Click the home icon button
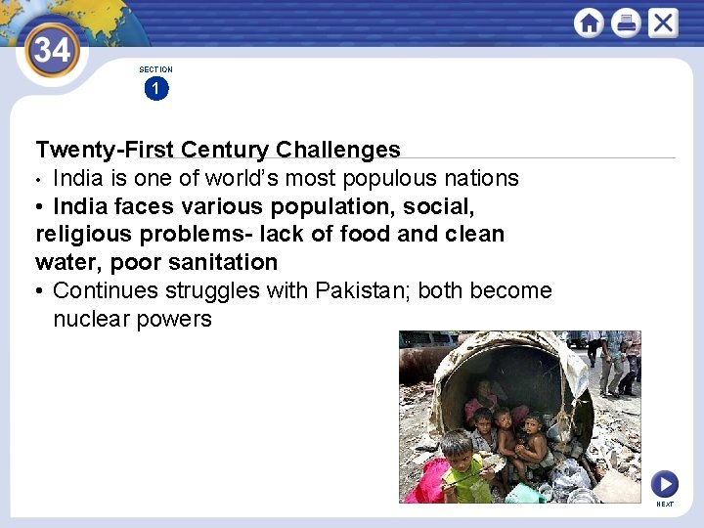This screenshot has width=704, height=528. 589,22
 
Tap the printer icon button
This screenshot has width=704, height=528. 626,22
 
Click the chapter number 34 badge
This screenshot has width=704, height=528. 51,48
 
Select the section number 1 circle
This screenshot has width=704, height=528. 155,89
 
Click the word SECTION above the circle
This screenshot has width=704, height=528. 155,69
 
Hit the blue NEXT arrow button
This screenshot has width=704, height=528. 665,484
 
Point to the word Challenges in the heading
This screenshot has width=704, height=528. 338,150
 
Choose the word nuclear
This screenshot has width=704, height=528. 90,319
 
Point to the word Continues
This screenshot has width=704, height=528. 105,290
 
